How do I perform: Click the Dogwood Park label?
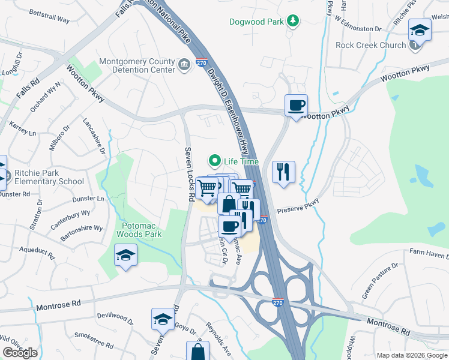[257, 22]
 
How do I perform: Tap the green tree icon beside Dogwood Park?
[292, 22]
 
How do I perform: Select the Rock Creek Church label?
[370, 45]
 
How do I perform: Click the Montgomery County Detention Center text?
[137, 65]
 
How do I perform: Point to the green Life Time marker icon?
[214, 161]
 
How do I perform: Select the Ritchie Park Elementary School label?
[46, 177]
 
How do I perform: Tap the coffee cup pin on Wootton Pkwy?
[296, 106]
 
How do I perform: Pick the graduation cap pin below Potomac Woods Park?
[125, 256]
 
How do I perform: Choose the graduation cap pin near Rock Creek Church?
[418, 30]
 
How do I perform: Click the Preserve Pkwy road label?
[298, 208]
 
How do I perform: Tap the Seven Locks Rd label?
[189, 174]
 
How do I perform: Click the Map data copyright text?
[411, 355]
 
